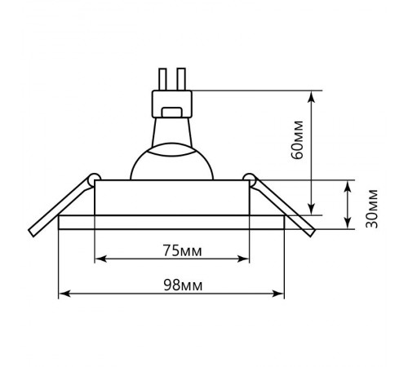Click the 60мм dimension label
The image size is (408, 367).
(297, 140)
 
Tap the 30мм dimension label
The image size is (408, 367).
(372, 209)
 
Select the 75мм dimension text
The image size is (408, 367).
(182, 251)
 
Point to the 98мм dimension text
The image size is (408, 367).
(183, 285)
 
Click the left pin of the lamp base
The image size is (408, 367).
(162, 79)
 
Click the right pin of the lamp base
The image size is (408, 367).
(181, 79)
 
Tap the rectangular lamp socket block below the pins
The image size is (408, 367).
(172, 104)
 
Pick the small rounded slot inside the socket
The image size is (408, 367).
(171, 113)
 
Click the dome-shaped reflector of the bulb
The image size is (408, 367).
(172, 161)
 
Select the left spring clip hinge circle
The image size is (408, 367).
(95, 179)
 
